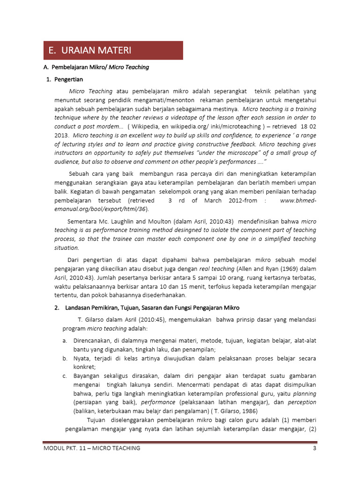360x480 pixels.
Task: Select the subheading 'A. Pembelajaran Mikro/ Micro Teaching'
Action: tap(96, 67)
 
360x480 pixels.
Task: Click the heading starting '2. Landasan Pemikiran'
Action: tap(146, 307)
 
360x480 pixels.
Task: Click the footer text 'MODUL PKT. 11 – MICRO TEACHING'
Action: tap(92, 448)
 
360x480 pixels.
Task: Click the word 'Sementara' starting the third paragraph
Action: tap(83, 221)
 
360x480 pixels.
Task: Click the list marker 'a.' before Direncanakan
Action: tap(64, 340)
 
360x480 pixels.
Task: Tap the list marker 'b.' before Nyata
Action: tap(64, 358)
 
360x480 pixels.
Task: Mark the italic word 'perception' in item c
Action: tap(302, 402)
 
